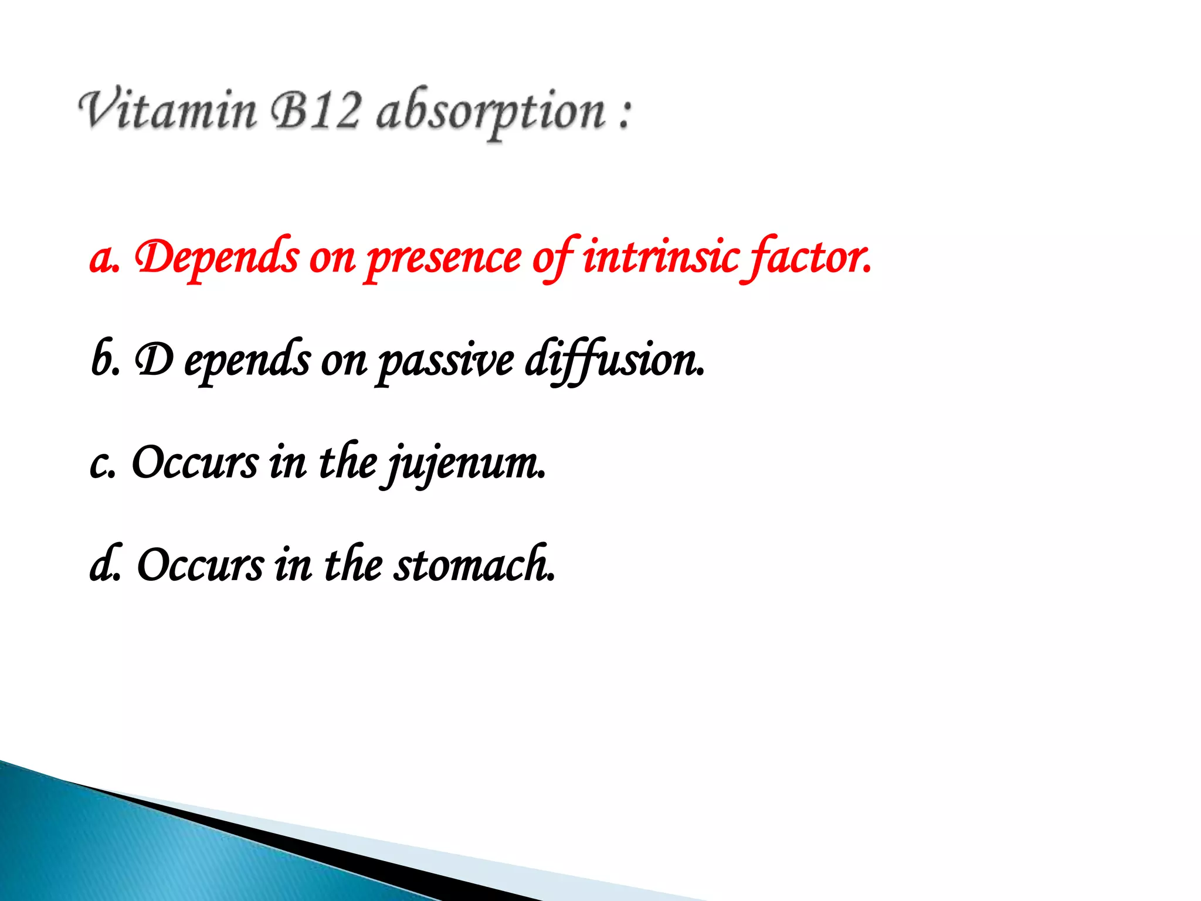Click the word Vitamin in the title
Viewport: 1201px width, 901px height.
point(168,111)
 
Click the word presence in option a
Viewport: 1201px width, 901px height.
point(444,259)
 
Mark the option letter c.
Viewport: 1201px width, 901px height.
point(100,463)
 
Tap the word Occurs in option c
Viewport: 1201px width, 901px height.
point(195,462)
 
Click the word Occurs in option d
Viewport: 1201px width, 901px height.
point(200,565)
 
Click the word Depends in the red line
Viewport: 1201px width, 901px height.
point(216,258)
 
